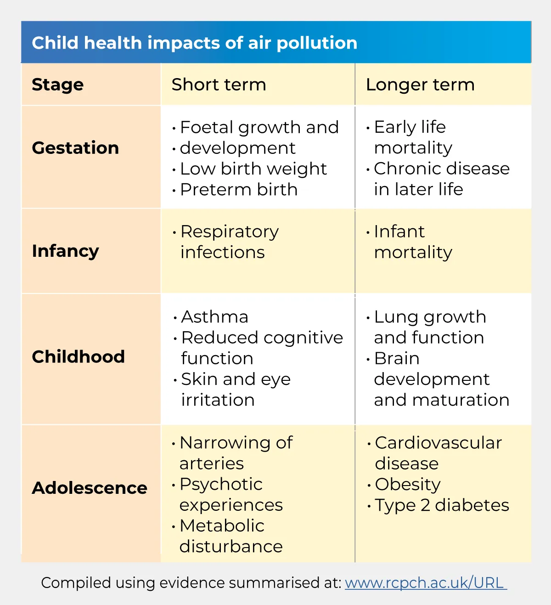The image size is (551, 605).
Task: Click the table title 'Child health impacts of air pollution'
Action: coord(194,43)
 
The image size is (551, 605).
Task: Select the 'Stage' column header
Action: coord(58,85)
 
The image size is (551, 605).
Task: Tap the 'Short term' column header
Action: coord(219,85)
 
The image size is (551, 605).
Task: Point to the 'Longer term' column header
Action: coord(420,85)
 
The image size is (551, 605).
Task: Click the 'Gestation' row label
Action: coord(75,148)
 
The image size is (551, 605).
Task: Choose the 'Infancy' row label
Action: coord(65,251)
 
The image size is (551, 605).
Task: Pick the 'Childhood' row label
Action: coord(78,356)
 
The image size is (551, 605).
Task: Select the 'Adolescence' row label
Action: coord(90,488)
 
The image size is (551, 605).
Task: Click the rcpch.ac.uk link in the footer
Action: coord(425,582)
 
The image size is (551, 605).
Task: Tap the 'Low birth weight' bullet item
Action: coord(253,169)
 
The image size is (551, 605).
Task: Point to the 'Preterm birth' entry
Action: coord(239,190)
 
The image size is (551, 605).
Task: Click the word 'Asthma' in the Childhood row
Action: coord(214,317)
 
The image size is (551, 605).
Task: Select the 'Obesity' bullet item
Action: coord(407,484)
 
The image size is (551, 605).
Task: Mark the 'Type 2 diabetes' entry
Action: coord(442,505)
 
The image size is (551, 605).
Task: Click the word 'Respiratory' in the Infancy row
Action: coord(230,232)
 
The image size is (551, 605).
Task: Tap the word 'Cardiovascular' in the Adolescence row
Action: coord(438,443)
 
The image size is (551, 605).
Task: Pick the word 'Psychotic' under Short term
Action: coord(221,484)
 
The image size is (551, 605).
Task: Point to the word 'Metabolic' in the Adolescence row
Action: coord(222,526)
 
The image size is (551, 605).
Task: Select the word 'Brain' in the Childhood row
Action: coord(397,358)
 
